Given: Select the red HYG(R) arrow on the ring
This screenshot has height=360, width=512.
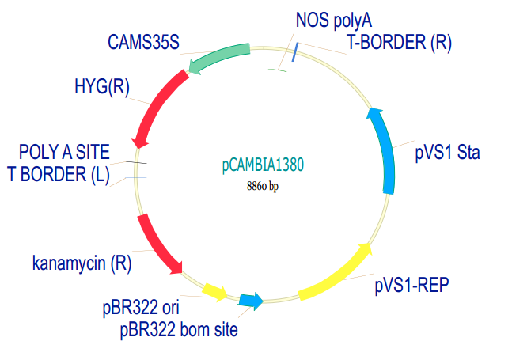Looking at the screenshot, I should (160, 104).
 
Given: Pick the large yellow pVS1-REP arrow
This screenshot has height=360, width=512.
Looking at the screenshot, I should (337, 273).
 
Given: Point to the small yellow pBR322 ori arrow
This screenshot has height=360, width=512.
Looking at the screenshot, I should (214, 292).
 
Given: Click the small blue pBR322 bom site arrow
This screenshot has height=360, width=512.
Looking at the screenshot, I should (251, 300).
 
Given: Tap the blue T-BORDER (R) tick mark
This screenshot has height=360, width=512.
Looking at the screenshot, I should (295, 52).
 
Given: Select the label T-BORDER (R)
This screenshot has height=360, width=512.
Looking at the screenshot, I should (399, 43).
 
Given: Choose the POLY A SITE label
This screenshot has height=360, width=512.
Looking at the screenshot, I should (65, 152).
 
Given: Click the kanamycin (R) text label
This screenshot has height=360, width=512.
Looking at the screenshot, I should (82, 262).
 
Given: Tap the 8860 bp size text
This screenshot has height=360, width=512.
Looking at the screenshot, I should (263, 187).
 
